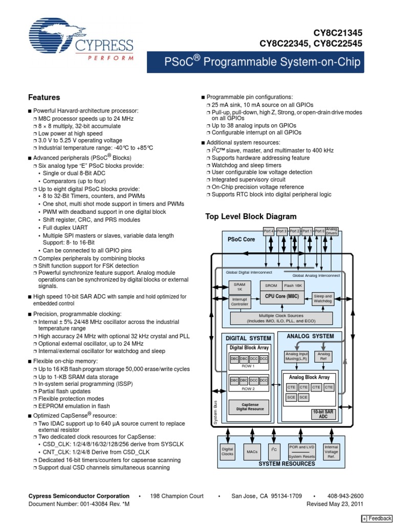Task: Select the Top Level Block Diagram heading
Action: (x=251, y=216)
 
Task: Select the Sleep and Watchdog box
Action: (x=322, y=299)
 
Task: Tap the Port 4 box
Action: (x=269, y=231)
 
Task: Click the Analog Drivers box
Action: (x=332, y=232)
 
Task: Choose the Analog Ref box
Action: (x=324, y=356)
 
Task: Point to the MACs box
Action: (x=251, y=452)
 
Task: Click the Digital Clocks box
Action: (x=227, y=451)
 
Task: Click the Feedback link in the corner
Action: (x=377, y=518)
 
